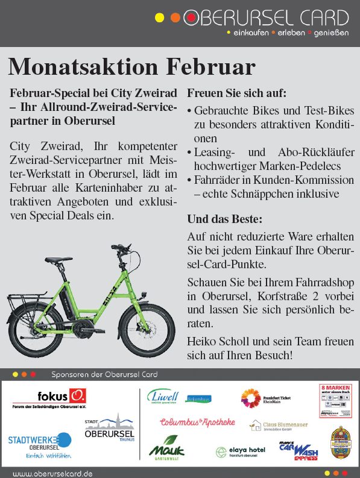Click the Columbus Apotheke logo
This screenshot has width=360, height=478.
[197, 422]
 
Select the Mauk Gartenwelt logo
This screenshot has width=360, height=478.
[166, 447]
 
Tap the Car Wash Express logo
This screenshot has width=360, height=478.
[298, 450]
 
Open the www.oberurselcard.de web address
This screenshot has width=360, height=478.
[52, 473]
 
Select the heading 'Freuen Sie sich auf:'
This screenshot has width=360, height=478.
[236, 93]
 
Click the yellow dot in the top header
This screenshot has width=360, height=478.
[159, 17]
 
